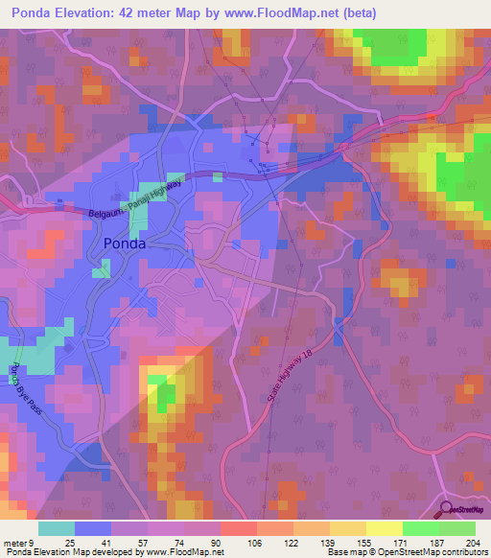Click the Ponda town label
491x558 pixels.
tap(125, 244)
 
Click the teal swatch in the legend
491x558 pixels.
tap(57, 528)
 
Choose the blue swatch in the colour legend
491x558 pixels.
tap(93, 528)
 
